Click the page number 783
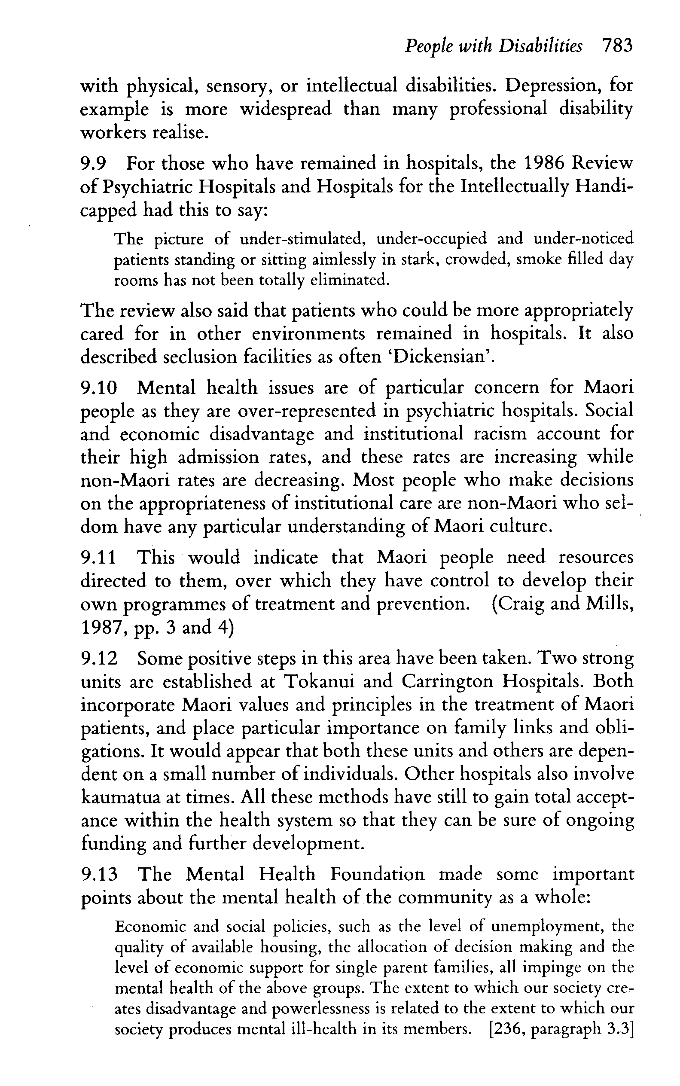click(617, 46)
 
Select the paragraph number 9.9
click(93, 163)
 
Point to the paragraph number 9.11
click(98, 558)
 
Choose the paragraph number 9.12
click(98, 659)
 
